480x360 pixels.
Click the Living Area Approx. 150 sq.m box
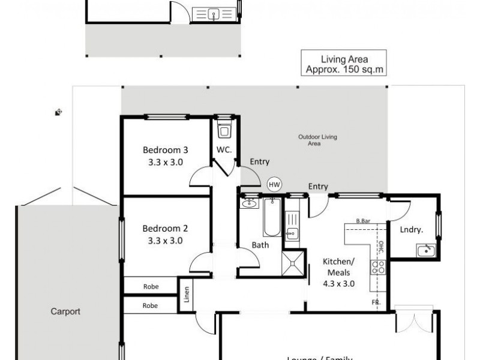344,64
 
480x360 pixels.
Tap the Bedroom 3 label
165,155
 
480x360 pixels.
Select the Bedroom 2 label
165,234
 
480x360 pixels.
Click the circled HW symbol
274,185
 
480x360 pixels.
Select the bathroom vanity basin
248,204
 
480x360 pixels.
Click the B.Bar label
362,221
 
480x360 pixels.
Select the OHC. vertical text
381,247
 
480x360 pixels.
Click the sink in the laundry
427,250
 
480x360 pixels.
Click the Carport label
65,311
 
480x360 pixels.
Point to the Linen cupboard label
186,296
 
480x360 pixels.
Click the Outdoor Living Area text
317,140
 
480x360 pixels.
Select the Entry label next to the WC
259,161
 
